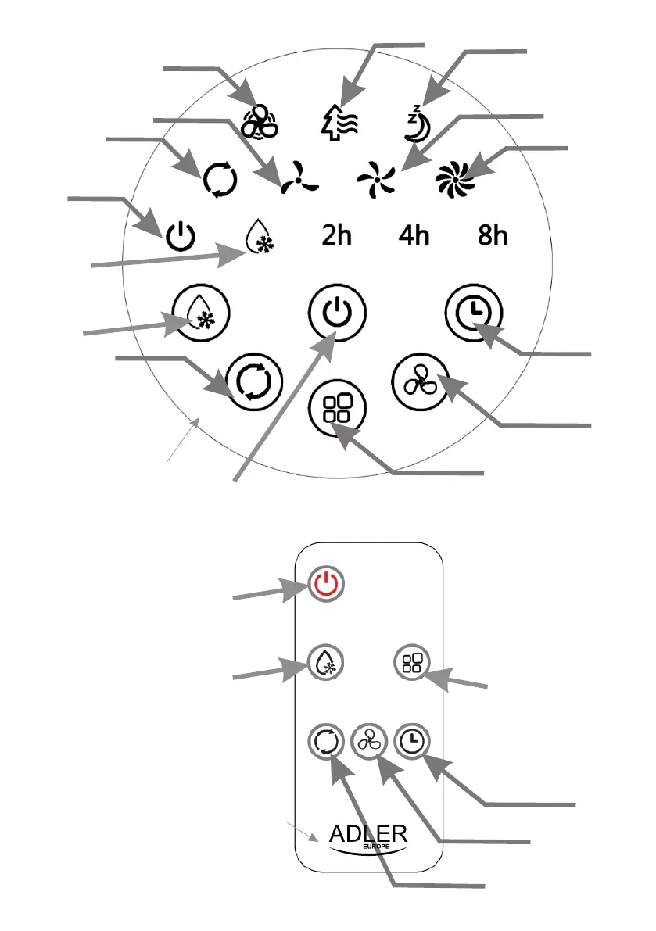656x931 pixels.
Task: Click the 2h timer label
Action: pyautogui.click(x=337, y=235)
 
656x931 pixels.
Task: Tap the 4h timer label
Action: pyautogui.click(x=414, y=235)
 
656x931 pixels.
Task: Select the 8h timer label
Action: pyautogui.click(x=493, y=235)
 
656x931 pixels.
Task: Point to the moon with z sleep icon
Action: pyautogui.click(x=417, y=125)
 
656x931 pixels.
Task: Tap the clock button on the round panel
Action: pyautogui.click(x=469, y=313)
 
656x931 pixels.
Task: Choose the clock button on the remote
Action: pyautogui.click(x=410, y=739)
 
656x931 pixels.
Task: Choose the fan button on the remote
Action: pyautogui.click(x=368, y=739)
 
